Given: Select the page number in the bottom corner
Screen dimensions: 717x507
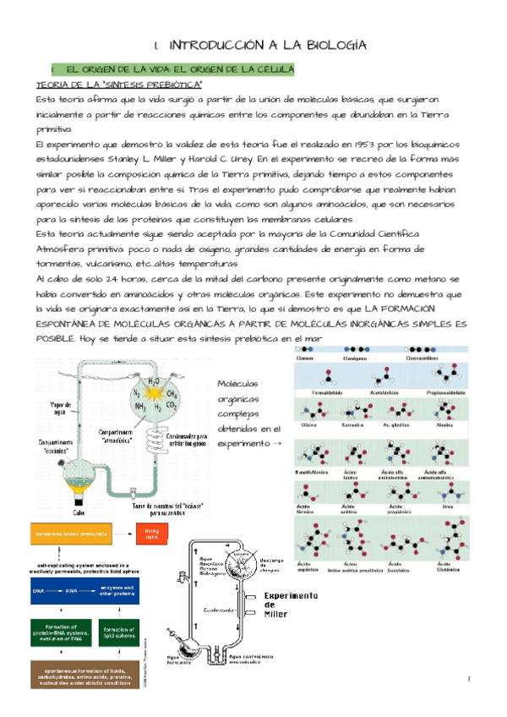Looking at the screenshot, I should pos(467,679).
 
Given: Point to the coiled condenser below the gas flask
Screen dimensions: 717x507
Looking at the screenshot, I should pos(156,433).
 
